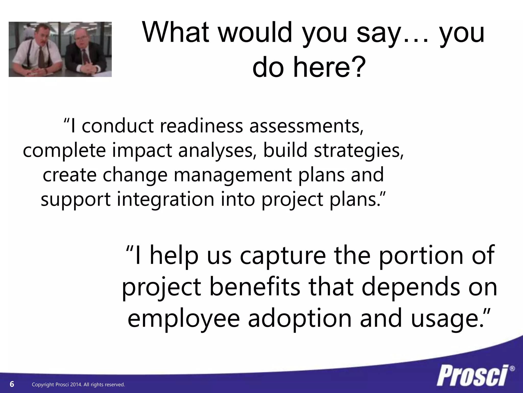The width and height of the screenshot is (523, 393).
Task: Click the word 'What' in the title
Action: pos(176,32)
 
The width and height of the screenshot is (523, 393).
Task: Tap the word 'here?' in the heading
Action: pos(330,67)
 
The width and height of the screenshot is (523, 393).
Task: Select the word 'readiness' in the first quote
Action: pos(201,126)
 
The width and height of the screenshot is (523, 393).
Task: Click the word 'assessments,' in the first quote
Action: pos(306,126)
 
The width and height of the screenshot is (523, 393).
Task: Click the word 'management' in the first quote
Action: pos(233,175)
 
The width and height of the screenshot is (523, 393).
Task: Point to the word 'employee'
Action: pos(184,319)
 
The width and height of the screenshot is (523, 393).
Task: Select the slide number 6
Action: pos(12,384)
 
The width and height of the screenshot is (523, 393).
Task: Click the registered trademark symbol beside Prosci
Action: pos(512,369)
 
